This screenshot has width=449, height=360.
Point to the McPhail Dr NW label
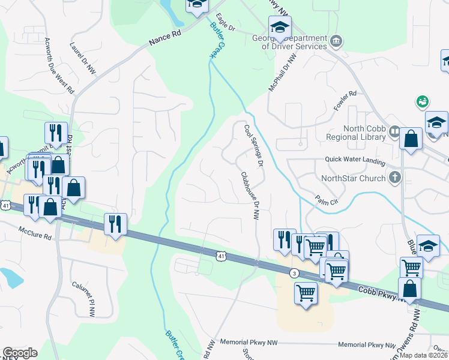click(x=291, y=72)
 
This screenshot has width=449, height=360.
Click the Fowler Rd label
click(x=345, y=101)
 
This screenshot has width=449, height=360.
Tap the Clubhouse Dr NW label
click(x=249, y=196)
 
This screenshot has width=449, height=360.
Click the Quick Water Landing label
click(x=354, y=160)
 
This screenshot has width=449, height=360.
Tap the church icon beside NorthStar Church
click(x=394, y=178)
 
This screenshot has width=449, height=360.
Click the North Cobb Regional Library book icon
click(x=394, y=131)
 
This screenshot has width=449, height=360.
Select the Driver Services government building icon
click(x=336, y=41)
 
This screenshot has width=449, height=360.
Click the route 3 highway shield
click(x=294, y=273)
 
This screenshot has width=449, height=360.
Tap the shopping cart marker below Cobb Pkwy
click(x=306, y=293)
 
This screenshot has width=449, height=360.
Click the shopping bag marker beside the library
click(x=411, y=139)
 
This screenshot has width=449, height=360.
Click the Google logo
click(x=20, y=353)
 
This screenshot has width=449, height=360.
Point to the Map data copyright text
click(x=423, y=355)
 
